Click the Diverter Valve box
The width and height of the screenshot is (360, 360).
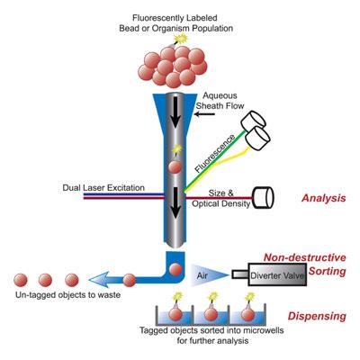tap(277, 274)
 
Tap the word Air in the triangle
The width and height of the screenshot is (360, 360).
tap(202, 274)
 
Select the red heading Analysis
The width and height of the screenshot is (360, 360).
tap(323, 198)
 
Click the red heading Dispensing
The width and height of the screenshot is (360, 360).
tap(317, 316)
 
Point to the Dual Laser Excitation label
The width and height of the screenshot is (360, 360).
tap(103, 188)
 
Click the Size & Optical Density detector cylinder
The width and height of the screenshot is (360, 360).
tap(263, 198)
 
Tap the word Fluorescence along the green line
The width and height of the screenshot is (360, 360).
tap(215, 153)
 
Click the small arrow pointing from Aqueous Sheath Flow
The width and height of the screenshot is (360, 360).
tap(204, 114)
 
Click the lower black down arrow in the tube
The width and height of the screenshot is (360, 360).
tap(175, 202)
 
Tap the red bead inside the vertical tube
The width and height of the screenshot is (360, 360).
tap(175, 166)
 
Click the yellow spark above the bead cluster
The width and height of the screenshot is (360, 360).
tap(181, 39)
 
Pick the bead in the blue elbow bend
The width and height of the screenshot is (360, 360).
tap(175, 269)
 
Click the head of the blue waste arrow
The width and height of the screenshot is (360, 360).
tap(98, 280)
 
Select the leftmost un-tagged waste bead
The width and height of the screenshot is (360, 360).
tap(21, 280)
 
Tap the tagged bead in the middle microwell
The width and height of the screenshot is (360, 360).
tap(211, 314)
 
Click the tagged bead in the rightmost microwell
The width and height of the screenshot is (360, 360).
tap(247, 314)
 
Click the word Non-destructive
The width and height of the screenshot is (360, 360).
tap(305, 257)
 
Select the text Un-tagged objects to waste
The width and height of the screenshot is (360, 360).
tap(68, 295)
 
